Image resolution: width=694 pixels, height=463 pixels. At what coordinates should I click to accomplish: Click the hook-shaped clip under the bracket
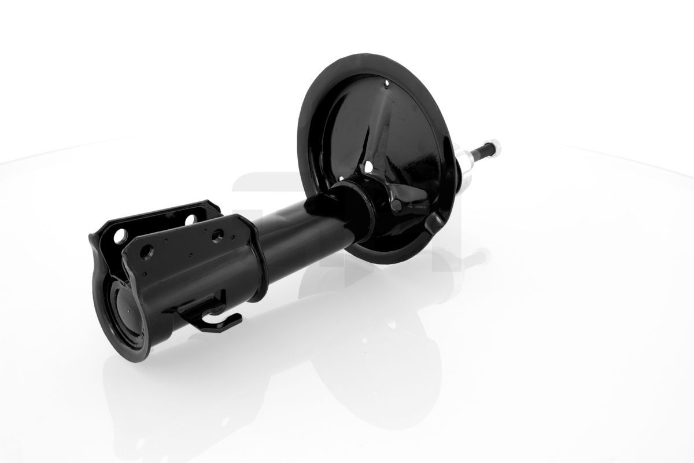(217, 317)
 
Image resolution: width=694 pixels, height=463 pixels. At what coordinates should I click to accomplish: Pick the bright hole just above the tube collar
(369, 168)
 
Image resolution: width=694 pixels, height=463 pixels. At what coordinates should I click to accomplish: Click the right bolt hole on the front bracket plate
(217, 236)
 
